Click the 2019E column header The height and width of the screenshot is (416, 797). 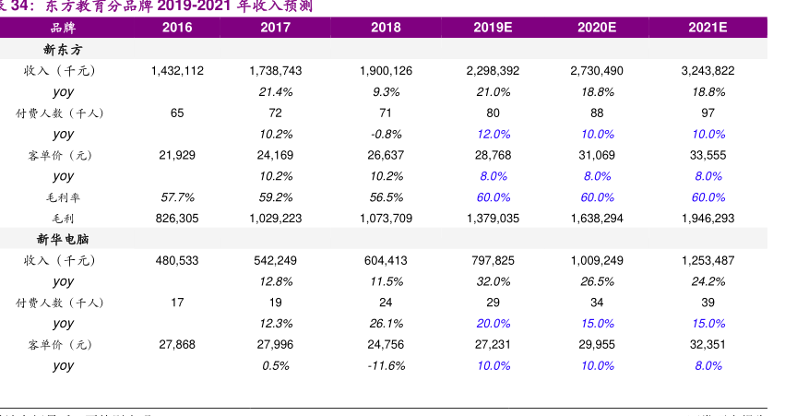point(493,28)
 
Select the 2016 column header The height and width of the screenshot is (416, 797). point(177,28)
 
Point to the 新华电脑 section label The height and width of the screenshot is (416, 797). point(63,239)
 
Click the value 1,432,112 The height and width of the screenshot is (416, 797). point(177,70)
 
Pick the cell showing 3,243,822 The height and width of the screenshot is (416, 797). point(708,70)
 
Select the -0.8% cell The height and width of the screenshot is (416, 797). point(386,134)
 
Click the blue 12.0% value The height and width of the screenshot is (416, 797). point(493,134)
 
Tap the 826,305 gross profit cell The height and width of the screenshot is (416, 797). point(177,218)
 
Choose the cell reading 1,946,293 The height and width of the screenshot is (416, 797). point(708,218)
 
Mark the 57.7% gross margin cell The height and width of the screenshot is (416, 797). point(177,197)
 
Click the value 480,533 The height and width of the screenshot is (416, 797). point(177,260)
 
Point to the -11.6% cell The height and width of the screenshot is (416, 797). point(386,365)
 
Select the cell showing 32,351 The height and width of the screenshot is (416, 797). point(708,344)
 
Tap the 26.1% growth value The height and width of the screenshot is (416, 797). point(386,324)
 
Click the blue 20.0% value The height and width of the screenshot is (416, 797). point(493,324)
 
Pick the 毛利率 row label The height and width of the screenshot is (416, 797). point(63,197)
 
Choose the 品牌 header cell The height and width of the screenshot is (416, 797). point(63,28)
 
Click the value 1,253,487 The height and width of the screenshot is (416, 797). point(708,260)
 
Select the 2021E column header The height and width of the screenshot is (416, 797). point(708,28)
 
